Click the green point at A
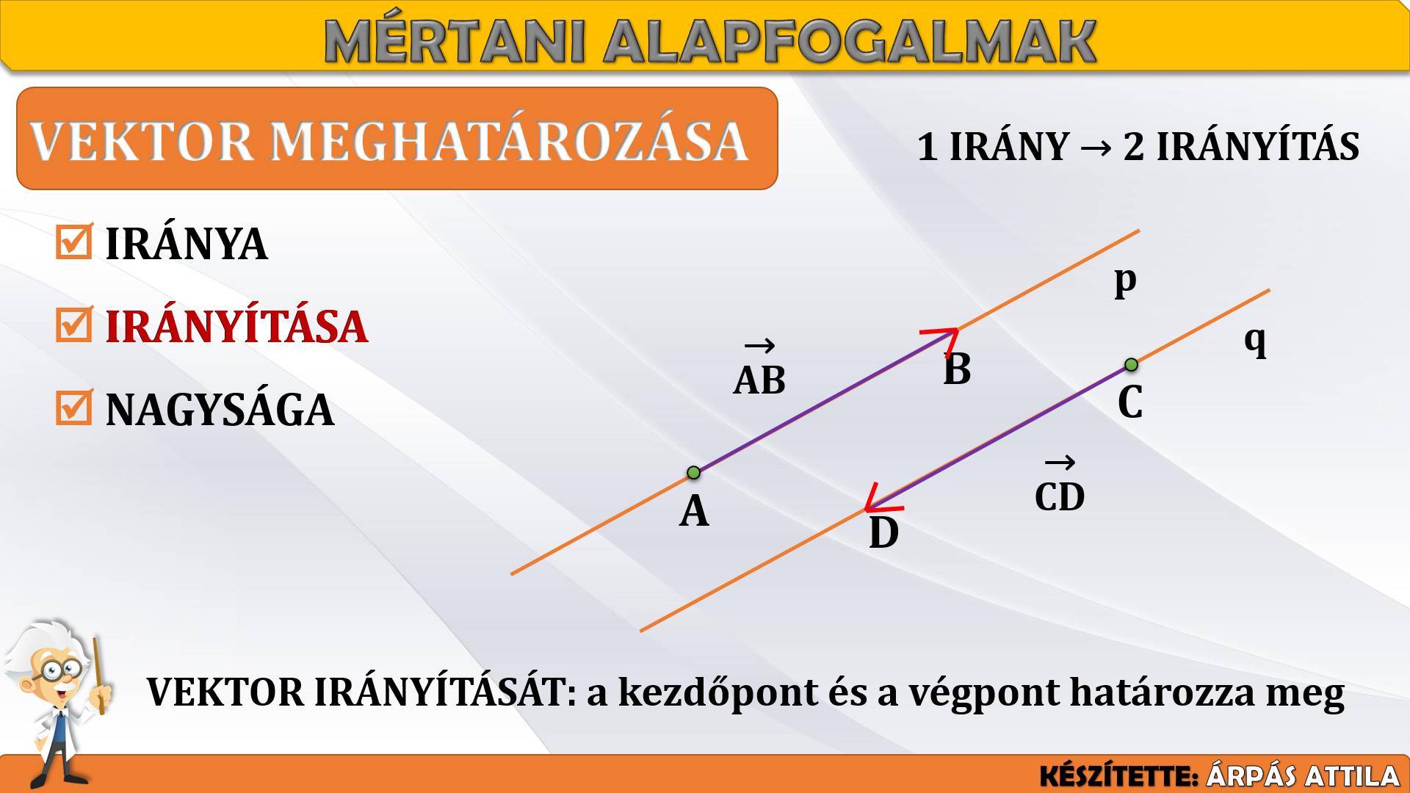[x=693, y=473]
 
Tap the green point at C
[x=1131, y=365]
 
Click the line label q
[x=1256, y=341]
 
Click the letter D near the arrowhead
[x=883, y=533]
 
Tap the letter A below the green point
[x=694, y=511]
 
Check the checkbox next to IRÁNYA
[x=74, y=242]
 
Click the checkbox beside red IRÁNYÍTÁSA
[x=74, y=325]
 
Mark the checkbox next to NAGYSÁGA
[x=74, y=408]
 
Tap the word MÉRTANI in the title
[x=455, y=41]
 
